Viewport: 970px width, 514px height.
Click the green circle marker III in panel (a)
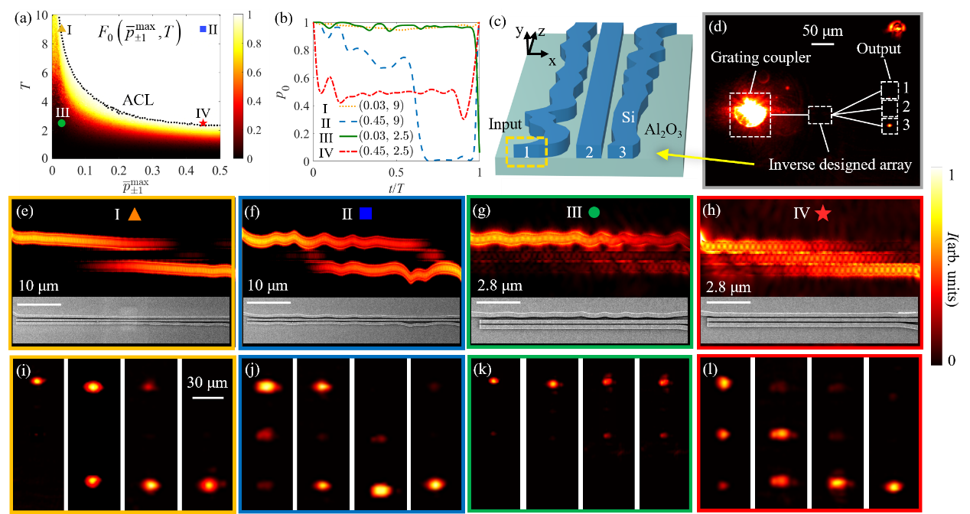[x=61, y=122]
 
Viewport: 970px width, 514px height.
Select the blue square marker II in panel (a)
[x=203, y=29]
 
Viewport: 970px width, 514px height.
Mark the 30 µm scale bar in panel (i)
[x=207, y=397]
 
